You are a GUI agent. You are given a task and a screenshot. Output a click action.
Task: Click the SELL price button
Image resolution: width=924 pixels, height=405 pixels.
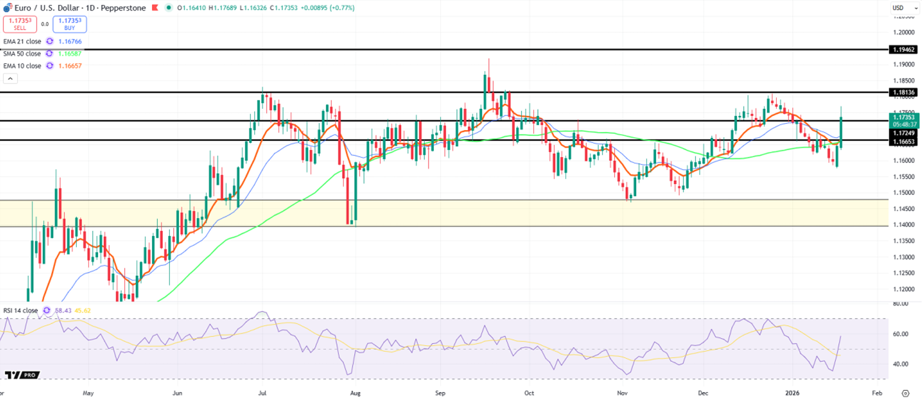tap(20, 24)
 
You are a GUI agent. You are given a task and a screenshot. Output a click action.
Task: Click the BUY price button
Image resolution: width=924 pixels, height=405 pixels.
tap(70, 24)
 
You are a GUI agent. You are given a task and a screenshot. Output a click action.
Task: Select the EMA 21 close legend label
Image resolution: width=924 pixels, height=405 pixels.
tap(22, 41)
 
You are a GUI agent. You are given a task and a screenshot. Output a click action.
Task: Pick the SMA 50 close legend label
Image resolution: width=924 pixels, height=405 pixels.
tap(22, 53)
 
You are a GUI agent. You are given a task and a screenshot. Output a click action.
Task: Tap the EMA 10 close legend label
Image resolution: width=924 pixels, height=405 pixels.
tap(22, 66)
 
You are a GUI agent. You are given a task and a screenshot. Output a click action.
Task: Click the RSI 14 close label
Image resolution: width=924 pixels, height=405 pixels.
tap(21, 310)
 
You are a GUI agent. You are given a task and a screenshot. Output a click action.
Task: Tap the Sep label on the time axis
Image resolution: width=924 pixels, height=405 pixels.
tap(439, 393)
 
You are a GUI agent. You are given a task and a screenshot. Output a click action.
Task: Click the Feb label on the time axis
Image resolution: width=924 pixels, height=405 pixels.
tap(877, 393)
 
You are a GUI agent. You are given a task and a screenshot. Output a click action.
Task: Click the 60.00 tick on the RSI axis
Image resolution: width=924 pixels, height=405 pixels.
tap(901, 334)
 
